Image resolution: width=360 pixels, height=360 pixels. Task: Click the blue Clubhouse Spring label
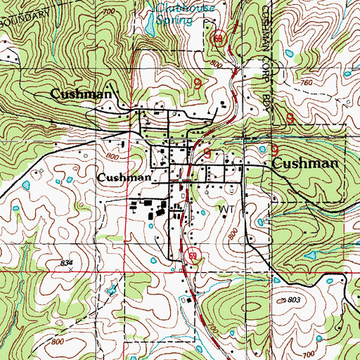coord(174,13)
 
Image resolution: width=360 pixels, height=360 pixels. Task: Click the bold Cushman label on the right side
coord(305,163)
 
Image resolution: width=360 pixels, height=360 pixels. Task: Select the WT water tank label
coord(225,210)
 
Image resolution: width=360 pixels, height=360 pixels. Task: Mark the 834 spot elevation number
coord(67,262)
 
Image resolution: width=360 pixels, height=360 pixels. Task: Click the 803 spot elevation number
coord(294,300)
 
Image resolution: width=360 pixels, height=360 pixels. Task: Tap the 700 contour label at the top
coord(108,13)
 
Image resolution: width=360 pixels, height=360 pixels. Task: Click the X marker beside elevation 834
coord(70,269)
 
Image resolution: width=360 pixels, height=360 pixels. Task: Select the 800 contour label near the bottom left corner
coord(58,341)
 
